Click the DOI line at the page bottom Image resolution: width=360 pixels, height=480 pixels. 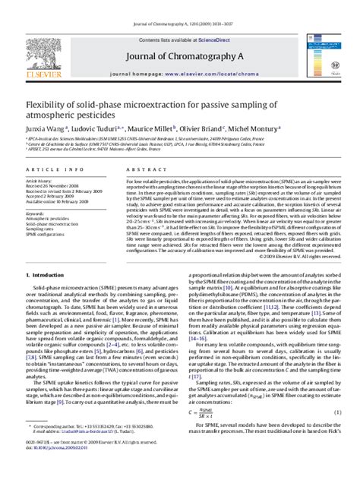click(x=61, y=471)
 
